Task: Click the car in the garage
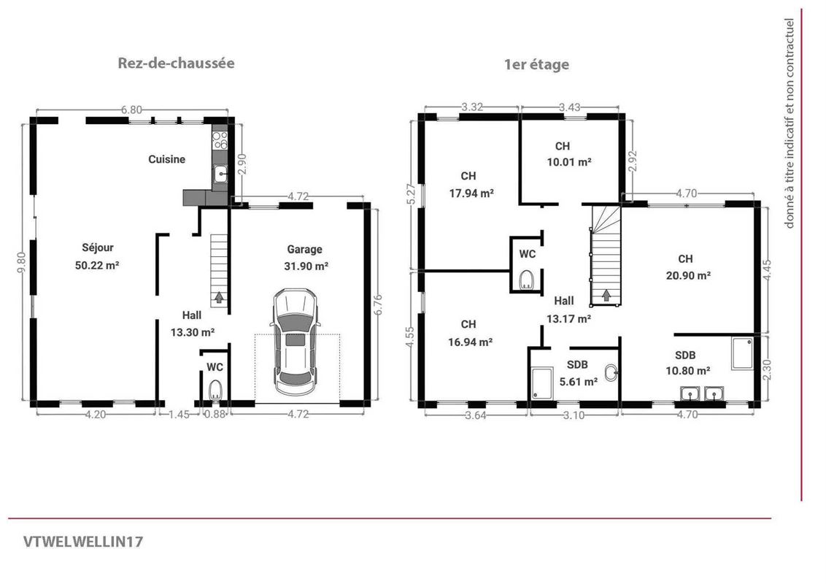[x=296, y=342]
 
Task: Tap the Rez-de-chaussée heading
[x=176, y=64]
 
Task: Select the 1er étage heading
[x=536, y=65]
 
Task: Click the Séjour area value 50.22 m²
[x=97, y=265]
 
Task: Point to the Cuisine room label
[x=166, y=159]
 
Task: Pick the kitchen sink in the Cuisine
[x=220, y=173]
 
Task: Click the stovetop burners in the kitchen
[x=220, y=140]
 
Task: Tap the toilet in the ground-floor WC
[x=215, y=391]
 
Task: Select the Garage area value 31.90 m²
[x=306, y=266]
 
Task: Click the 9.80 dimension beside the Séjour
[x=22, y=262]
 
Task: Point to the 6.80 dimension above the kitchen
[x=131, y=109]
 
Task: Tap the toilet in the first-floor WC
[x=525, y=280]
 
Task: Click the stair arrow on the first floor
[x=606, y=295]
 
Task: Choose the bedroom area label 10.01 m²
[x=569, y=162]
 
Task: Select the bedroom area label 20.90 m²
[x=689, y=275]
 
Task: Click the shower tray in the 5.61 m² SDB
[x=541, y=383]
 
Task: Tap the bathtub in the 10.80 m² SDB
[x=743, y=353]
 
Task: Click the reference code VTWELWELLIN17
[x=82, y=542]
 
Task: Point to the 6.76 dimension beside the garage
[x=378, y=304]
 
